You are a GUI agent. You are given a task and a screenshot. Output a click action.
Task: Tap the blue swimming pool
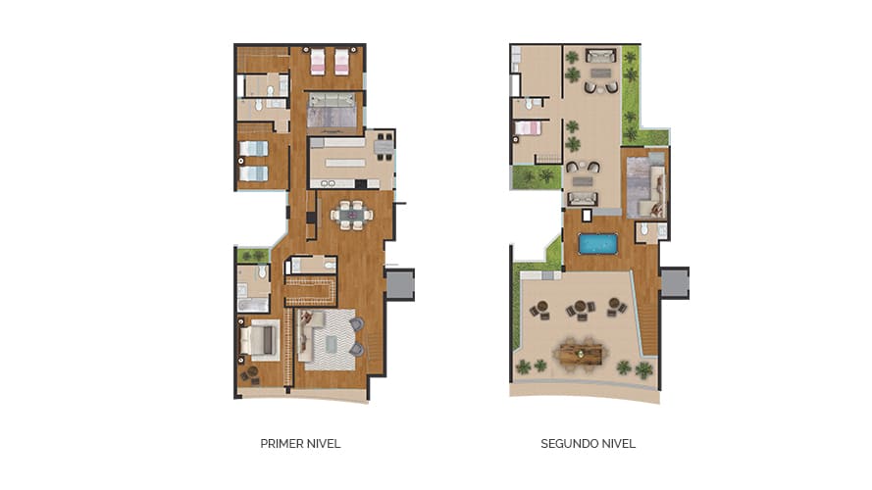(597, 244)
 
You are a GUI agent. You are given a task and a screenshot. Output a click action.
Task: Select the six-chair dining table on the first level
(351, 215)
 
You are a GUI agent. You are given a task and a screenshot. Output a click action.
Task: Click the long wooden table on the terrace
(581, 354)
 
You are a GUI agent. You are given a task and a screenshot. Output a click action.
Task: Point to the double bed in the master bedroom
(259, 340)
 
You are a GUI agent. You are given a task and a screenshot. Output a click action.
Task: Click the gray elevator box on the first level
(400, 284)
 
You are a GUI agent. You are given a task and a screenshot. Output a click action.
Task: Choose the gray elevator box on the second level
(675, 283)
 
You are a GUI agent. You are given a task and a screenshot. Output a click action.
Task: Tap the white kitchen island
(345, 163)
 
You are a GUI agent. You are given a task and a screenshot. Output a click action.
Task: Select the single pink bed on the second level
(528, 128)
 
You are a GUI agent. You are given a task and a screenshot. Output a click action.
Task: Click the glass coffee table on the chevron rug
(331, 344)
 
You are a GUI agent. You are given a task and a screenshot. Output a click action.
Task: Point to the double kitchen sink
(327, 184)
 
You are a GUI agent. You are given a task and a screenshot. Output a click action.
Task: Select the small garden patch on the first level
(254, 256)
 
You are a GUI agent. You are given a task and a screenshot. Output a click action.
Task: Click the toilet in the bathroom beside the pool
(644, 229)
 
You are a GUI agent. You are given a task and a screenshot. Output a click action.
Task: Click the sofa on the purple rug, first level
(332, 100)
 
